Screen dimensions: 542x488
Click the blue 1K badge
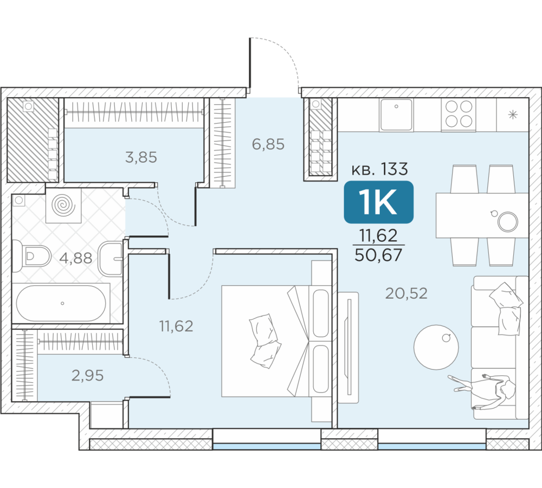(378, 202)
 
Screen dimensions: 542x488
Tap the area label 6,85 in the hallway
(268, 144)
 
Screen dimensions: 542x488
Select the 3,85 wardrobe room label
(141, 157)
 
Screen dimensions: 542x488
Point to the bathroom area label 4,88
(76, 258)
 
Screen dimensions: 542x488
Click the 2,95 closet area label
(87, 376)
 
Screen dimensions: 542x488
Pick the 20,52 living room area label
(406, 294)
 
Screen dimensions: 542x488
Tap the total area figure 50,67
(378, 255)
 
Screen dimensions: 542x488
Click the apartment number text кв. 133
(379, 169)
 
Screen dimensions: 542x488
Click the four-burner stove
(459, 114)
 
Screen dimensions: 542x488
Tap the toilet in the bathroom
(32, 256)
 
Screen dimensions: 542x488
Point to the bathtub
(61, 303)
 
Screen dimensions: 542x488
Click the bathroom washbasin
(111, 259)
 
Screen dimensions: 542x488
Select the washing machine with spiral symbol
(63, 206)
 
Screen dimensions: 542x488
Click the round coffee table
(436, 347)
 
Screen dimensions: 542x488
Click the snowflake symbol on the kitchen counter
(513, 114)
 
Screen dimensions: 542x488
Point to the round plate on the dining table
(508, 221)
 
